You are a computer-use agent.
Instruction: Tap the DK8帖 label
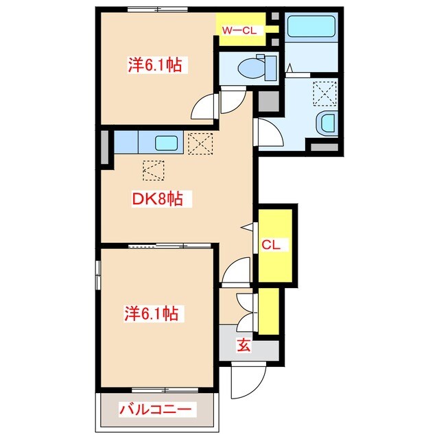[x=157, y=200]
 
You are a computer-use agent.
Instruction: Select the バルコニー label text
[x=157, y=410]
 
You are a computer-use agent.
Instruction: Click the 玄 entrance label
[x=244, y=345]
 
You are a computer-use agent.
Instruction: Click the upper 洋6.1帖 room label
[x=157, y=65]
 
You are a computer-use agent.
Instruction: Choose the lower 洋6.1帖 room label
[x=152, y=313]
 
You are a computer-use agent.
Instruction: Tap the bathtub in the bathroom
[x=310, y=28]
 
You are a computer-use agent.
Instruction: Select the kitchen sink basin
[x=167, y=144]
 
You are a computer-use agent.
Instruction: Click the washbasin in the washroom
[x=326, y=123]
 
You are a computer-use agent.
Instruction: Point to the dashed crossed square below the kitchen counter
[x=154, y=169]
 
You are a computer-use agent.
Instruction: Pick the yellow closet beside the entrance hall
[x=269, y=310]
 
